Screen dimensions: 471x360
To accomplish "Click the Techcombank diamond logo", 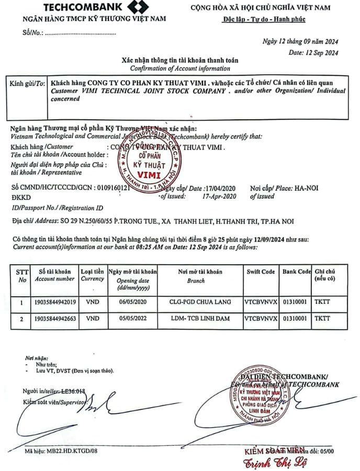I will coord(134,7).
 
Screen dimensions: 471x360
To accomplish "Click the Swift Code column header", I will coord(261,272).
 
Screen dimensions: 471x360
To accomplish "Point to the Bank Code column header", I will coord(297,272).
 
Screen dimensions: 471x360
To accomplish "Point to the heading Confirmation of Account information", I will coord(180,69).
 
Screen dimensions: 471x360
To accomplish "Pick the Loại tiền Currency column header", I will coord(93,275).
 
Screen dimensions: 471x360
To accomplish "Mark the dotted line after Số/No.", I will coord(81,33).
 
